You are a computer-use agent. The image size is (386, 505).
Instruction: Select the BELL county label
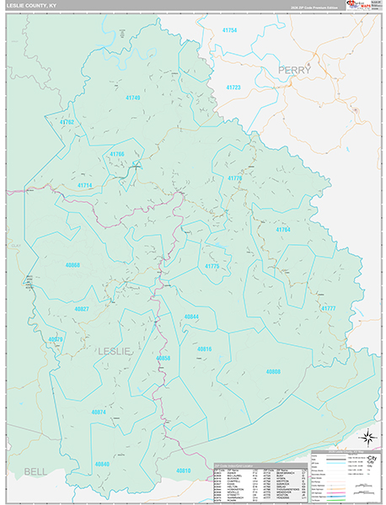pos(35,471)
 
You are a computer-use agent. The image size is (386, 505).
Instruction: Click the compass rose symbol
pos(367,436)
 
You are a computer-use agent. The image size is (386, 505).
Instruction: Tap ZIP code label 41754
pos(229,30)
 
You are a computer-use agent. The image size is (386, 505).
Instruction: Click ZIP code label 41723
pos(233,88)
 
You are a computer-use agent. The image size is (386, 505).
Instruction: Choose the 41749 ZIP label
pos(131,98)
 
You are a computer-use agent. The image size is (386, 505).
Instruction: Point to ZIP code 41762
pos(67,122)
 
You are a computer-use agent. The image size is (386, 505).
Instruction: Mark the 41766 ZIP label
pos(116,154)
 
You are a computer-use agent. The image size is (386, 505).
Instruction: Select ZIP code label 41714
pos(84,185)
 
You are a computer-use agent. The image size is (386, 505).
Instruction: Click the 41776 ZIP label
pos(233,178)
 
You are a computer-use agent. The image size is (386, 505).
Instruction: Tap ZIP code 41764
pos(282,229)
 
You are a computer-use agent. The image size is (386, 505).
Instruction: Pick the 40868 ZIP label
pos(72,265)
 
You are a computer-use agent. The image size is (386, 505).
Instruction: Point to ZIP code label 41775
pos(212,266)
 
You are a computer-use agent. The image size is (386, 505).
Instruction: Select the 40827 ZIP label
pos(82,310)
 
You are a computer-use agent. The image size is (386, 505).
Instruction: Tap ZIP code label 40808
pos(272,371)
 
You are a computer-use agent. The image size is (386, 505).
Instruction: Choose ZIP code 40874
pos(98,412)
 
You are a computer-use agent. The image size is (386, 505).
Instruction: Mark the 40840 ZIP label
pos(102,464)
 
